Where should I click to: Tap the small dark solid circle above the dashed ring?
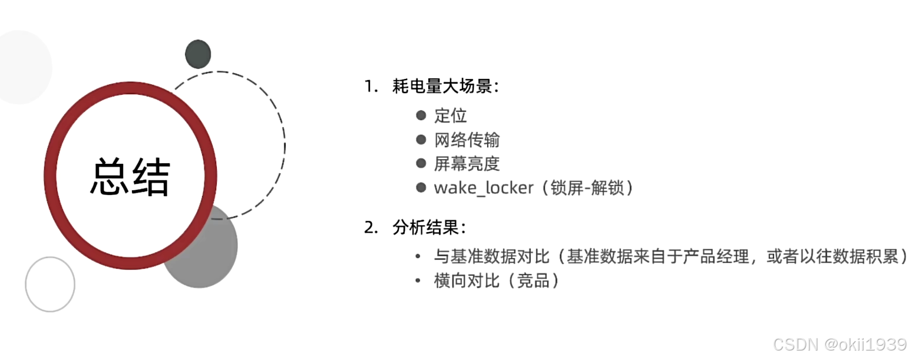198,55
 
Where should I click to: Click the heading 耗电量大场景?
445,87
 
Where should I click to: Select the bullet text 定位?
451,115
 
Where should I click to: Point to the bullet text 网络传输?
467,140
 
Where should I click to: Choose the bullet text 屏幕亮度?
467,164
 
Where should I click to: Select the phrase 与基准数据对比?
491,257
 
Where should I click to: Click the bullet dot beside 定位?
421,115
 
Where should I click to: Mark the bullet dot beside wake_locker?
421,188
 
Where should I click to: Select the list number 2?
369,228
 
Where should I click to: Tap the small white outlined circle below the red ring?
50,284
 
